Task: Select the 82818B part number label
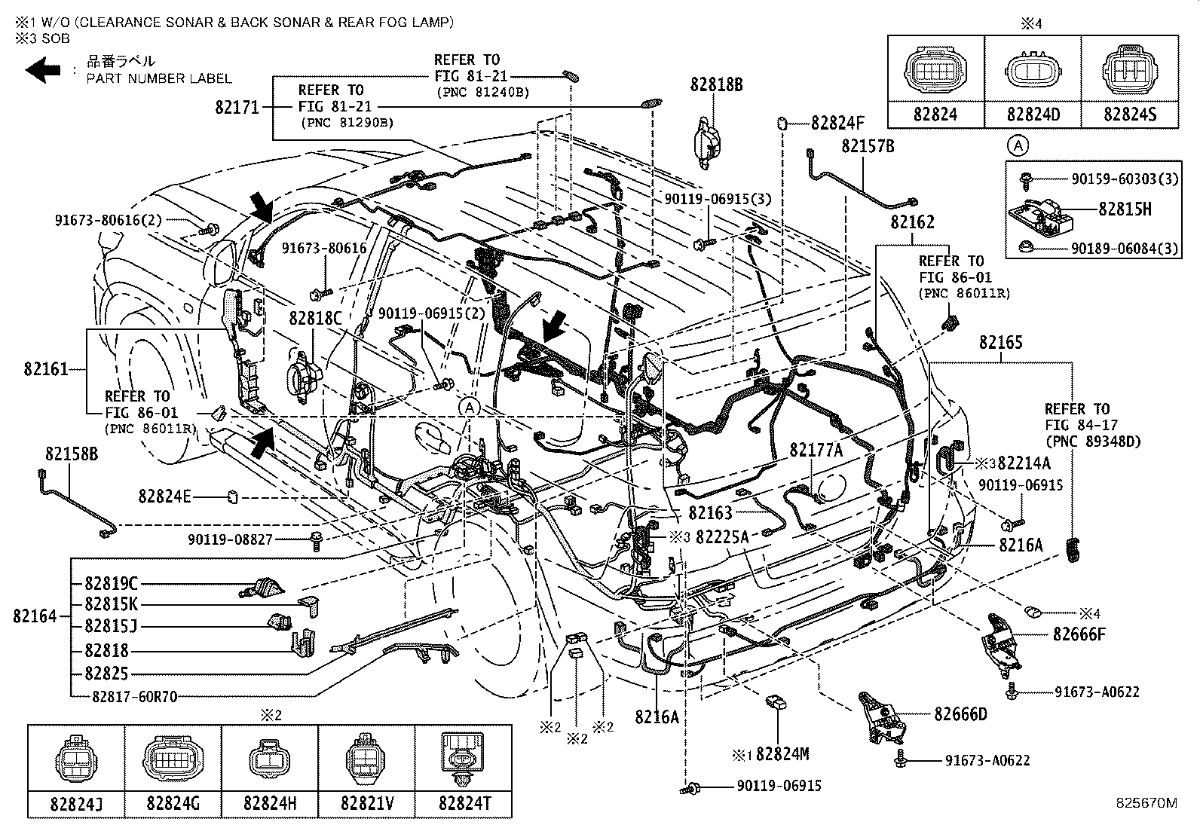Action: [x=715, y=85]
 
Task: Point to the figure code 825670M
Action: [x=1146, y=803]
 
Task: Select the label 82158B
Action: [x=71, y=454]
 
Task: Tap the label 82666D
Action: [x=960, y=713]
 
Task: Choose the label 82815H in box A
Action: [x=1124, y=209]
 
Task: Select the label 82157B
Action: [x=868, y=146]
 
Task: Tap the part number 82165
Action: [x=1000, y=343]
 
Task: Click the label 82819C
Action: [x=111, y=583]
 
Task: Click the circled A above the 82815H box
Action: [x=1018, y=144]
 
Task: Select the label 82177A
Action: [x=816, y=451]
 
